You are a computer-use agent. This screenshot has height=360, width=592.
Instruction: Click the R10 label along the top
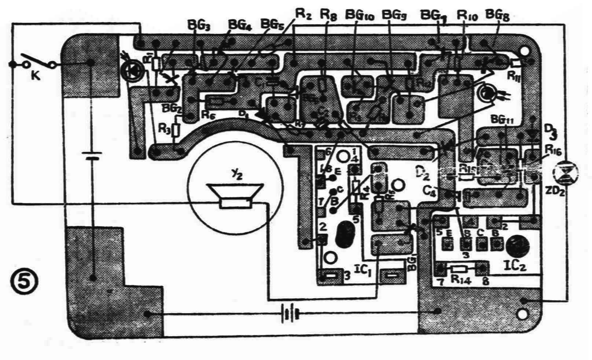[467, 16]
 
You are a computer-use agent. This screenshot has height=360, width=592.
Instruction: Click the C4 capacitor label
[430, 190]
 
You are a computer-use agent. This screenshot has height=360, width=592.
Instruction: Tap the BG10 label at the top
[359, 15]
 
